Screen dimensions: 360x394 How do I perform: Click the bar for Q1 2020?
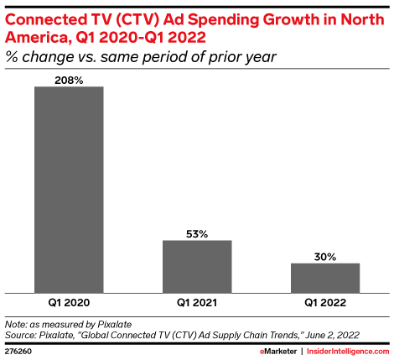pyautogui.click(x=69, y=188)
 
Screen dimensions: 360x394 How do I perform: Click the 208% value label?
pyautogui.click(x=69, y=79)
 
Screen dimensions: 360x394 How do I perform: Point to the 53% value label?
pyautogui.click(x=197, y=233)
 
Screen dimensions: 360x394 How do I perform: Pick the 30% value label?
pyautogui.click(x=325, y=256)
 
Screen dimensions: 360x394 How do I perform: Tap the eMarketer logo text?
pyautogui.click(x=272, y=351)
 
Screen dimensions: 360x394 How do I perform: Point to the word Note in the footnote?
pyautogui.click(x=16, y=323)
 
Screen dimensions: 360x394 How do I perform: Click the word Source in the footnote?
pyautogui.click(x=21, y=334)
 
